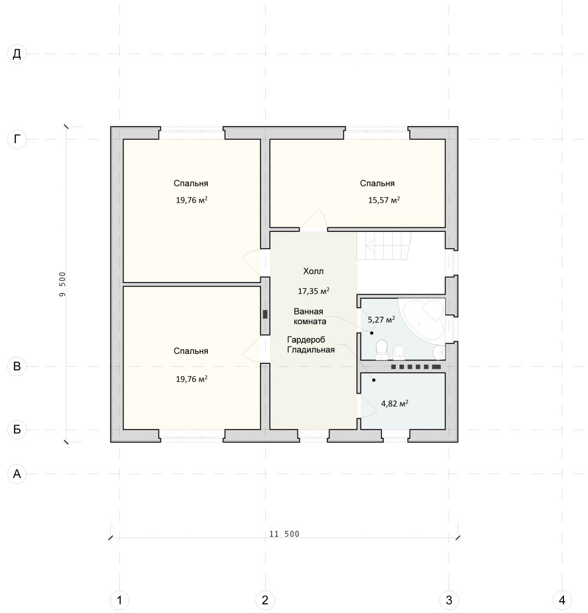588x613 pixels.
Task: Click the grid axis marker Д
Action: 17,54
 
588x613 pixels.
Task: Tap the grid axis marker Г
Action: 17,139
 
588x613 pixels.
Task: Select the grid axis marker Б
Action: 17,429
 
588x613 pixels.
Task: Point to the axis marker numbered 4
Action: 562,600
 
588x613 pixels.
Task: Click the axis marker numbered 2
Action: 265,600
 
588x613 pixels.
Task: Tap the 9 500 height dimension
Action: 62,284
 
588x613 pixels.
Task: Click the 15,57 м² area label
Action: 384,200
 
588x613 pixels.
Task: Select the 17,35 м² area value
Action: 313,291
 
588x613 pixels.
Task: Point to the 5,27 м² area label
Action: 382,320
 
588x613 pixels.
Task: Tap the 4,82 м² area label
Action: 394,404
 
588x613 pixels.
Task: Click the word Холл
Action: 313,271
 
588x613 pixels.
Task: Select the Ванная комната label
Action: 310,316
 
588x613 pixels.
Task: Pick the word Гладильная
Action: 311,349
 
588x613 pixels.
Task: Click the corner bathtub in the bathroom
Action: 422,319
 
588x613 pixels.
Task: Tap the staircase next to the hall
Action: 384,246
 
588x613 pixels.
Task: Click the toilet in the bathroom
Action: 382,349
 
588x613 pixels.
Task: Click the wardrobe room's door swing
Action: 367,406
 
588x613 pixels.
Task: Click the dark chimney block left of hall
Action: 265,314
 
